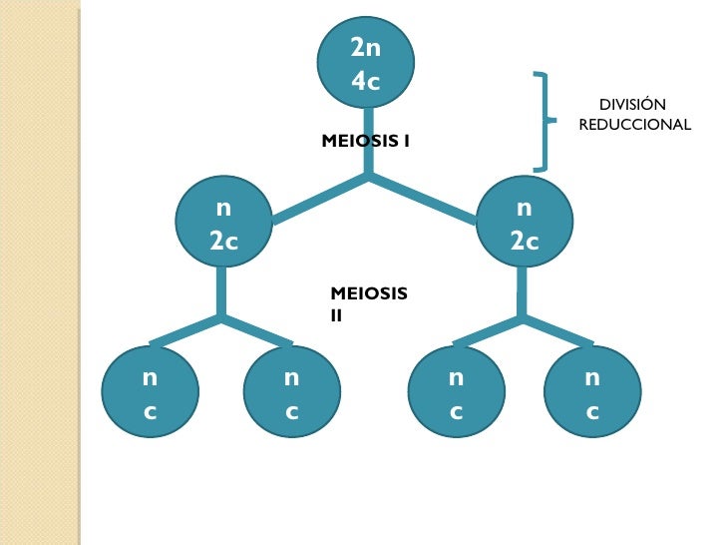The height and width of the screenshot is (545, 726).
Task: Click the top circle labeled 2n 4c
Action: pos(366,63)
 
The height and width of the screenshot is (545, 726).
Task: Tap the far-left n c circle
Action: pos(150,392)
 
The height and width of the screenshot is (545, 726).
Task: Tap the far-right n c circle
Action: pos(592,392)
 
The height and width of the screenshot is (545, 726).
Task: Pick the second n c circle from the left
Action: pos(291,392)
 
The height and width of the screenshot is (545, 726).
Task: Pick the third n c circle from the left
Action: pos(456,392)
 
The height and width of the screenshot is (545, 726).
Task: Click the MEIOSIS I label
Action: pos(365,142)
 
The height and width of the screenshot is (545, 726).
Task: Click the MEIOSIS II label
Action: pos(368,302)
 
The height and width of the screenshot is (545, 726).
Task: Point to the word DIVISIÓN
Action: pos(632,105)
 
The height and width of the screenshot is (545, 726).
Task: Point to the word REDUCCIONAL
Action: pos(634,125)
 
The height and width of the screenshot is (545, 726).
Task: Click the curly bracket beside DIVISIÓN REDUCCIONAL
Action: pos(544,121)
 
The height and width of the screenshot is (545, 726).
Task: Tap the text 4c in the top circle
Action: pos(366,80)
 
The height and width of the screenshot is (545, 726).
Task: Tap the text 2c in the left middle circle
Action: pos(223,241)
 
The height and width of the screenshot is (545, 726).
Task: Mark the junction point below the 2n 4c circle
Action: pos(368,178)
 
